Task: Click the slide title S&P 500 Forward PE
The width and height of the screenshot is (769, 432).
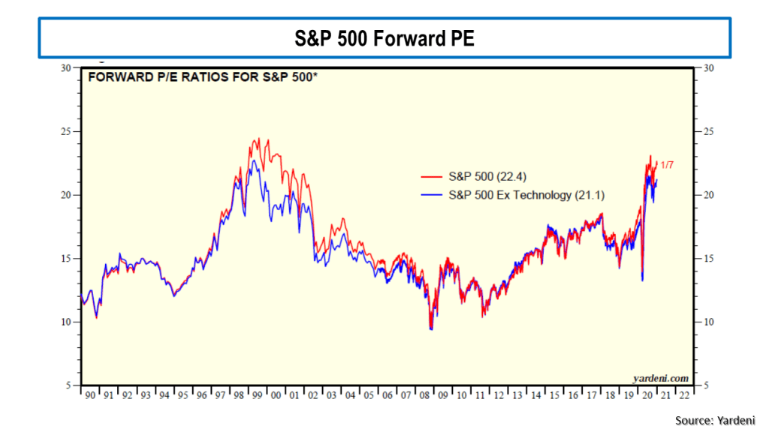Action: point(384,38)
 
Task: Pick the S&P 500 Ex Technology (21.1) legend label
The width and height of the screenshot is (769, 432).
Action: point(526,196)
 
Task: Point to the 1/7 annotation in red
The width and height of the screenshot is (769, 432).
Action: point(667,164)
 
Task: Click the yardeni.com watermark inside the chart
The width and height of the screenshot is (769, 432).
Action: point(661,378)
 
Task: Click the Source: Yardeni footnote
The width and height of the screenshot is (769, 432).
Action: point(714,421)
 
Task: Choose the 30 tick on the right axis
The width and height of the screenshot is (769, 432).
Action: point(707,67)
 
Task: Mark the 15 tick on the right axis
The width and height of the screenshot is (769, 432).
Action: point(707,259)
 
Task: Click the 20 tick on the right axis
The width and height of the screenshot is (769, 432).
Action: point(707,195)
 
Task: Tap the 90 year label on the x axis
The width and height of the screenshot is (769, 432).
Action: point(90,394)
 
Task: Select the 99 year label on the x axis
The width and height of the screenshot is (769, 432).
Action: point(257,394)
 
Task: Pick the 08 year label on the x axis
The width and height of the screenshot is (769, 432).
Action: point(424,394)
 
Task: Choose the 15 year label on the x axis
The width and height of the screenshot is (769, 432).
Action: point(554,394)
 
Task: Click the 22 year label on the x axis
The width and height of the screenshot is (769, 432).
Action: point(684,394)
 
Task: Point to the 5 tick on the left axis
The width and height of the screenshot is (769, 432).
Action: point(68,386)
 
